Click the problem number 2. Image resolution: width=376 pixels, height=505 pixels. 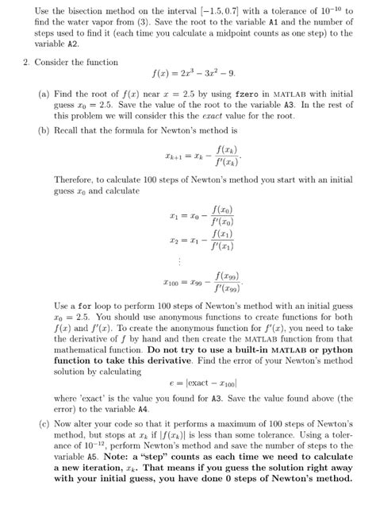click(25, 62)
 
